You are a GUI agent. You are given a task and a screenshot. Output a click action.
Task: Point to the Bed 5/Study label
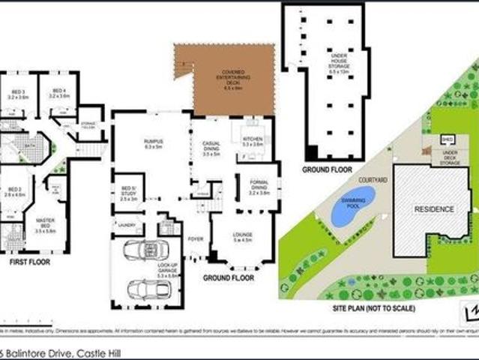[x=128, y=193]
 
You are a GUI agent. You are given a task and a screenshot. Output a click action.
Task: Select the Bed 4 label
[x=58, y=93]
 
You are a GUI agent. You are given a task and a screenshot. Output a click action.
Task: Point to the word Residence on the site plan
[x=434, y=208]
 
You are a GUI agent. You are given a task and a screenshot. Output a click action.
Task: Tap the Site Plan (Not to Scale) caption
[x=376, y=308]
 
